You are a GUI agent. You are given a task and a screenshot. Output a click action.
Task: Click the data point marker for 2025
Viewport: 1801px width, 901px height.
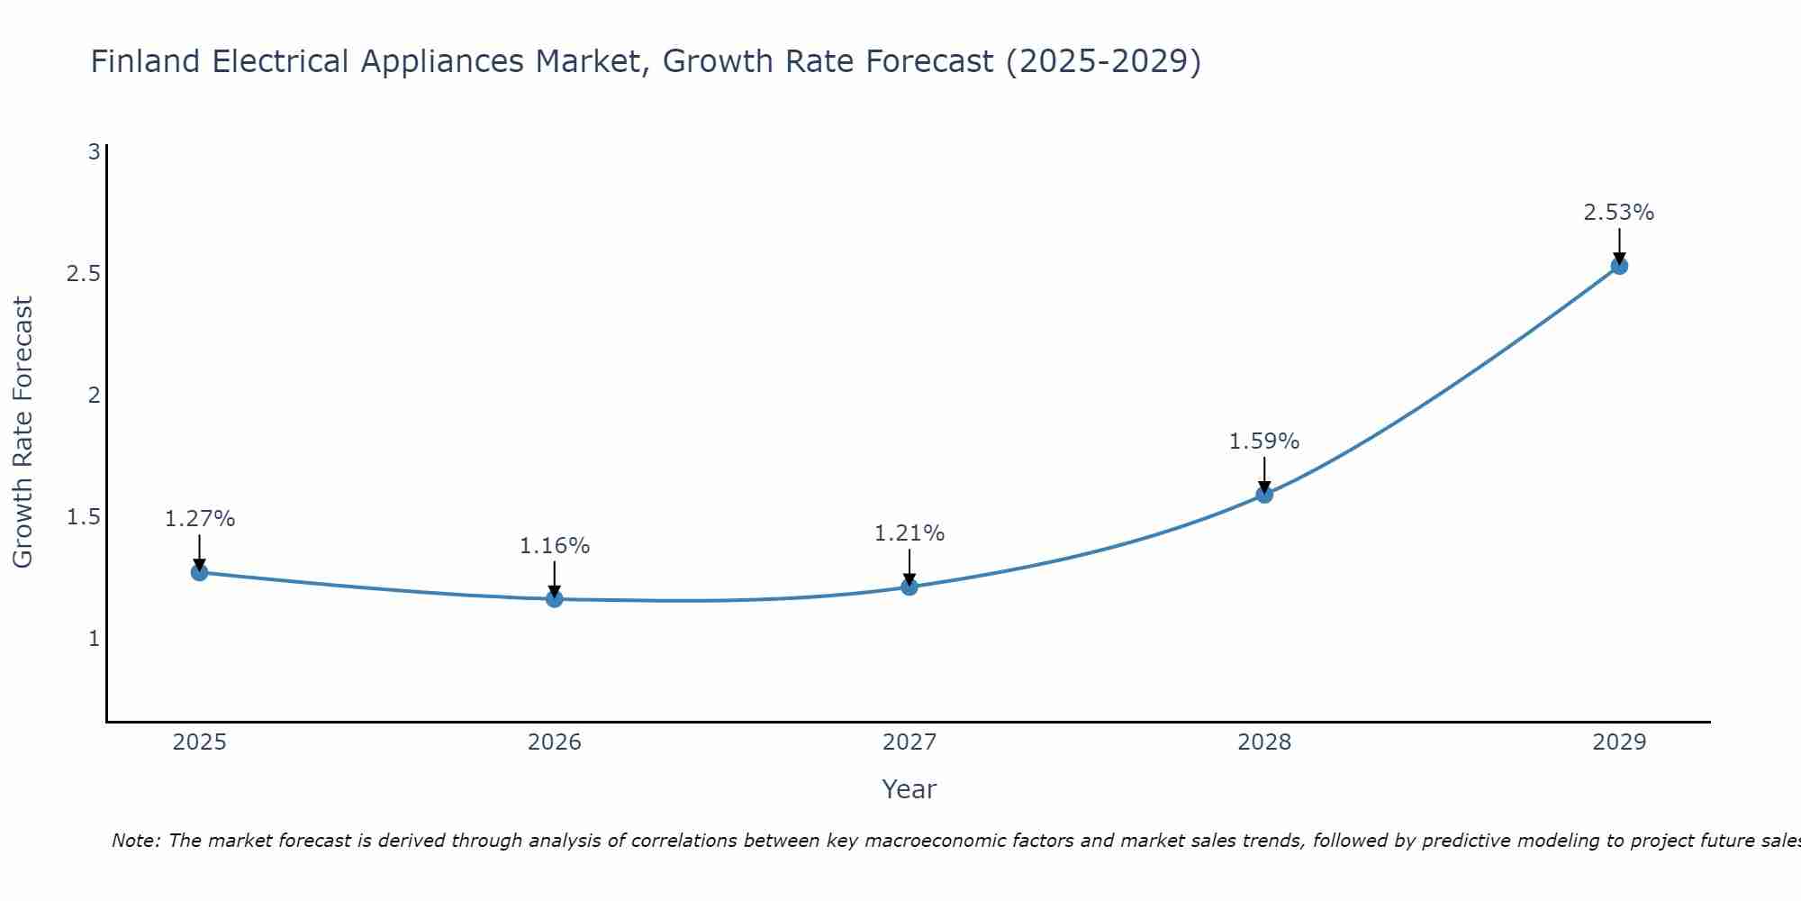[x=200, y=572]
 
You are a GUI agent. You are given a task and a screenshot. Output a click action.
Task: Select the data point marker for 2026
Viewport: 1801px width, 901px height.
[x=555, y=599]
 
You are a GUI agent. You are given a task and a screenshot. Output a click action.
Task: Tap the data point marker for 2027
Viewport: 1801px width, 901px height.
[x=910, y=587]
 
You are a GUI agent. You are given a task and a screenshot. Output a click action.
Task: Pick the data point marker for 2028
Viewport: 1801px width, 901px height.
[x=1264, y=494]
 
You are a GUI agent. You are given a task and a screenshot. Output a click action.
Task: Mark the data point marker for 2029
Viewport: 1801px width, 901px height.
[x=1619, y=266]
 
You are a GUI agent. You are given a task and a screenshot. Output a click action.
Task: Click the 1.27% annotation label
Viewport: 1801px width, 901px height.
[x=200, y=519]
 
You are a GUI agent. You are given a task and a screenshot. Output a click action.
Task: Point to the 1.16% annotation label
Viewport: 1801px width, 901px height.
[x=555, y=546]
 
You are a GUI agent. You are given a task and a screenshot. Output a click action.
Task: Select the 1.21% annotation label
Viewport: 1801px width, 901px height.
[x=910, y=533]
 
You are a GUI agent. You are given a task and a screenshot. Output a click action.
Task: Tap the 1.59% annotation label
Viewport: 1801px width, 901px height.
[x=1264, y=441]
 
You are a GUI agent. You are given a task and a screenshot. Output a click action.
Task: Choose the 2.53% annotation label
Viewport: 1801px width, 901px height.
[x=1619, y=213]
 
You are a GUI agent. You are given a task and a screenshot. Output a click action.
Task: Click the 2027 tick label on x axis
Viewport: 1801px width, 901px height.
[x=910, y=742]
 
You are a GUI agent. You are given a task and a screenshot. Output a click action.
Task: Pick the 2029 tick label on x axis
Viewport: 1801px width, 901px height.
[x=1619, y=742]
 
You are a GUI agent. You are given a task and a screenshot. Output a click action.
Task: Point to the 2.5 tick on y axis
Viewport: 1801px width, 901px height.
[x=83, y=274]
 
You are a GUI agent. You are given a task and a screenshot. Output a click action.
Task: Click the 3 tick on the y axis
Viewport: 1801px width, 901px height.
[x=94, y=152]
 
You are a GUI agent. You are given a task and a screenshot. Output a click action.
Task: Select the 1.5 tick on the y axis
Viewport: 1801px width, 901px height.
[x=83, y=517]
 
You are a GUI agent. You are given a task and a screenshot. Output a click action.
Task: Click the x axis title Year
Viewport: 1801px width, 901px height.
[x=910, y=789]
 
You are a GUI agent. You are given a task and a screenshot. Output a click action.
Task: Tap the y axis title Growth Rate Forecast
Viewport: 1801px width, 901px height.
[x=23, y=432]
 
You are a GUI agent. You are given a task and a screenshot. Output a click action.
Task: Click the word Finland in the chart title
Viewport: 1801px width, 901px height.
[x=145, y=61]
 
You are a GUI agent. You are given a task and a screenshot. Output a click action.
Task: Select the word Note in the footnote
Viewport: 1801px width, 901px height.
[x=135, y=841]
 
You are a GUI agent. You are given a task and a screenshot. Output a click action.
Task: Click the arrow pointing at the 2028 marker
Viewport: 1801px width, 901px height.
[x=1264, y=474]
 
